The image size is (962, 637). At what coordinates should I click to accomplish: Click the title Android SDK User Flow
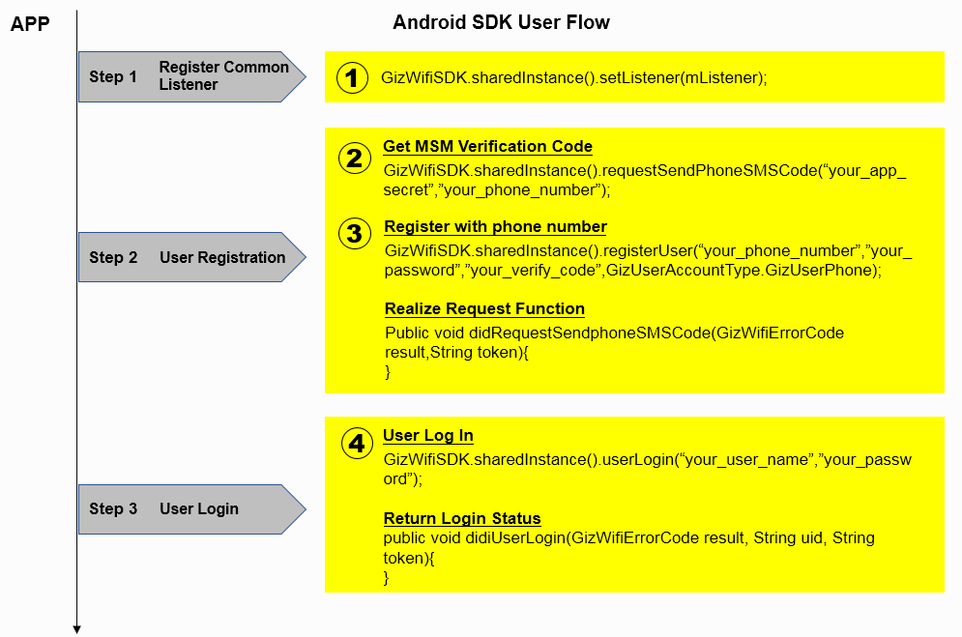click(x=501, y=22)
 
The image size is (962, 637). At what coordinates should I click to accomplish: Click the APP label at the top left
click(x=29, y=23)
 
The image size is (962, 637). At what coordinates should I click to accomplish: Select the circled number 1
click(x=353, y=77)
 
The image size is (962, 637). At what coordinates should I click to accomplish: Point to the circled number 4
click(x=357, y=444)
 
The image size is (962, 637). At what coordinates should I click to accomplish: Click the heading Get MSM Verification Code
click(x=487, y=147)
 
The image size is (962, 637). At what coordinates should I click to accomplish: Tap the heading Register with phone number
click(x=495, y=227)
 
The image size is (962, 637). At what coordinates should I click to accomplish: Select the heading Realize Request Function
click(x=484, y=309)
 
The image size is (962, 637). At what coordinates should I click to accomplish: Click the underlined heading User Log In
click(x=428, y=436)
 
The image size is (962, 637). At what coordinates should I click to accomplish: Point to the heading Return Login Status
click(x=462, y=518)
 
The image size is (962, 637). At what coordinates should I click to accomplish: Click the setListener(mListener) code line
click(x=574, y=77)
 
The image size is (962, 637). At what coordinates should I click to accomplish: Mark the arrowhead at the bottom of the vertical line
click(x=76, y=629)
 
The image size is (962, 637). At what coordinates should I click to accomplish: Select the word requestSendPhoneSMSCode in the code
click(x=711, y=170)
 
